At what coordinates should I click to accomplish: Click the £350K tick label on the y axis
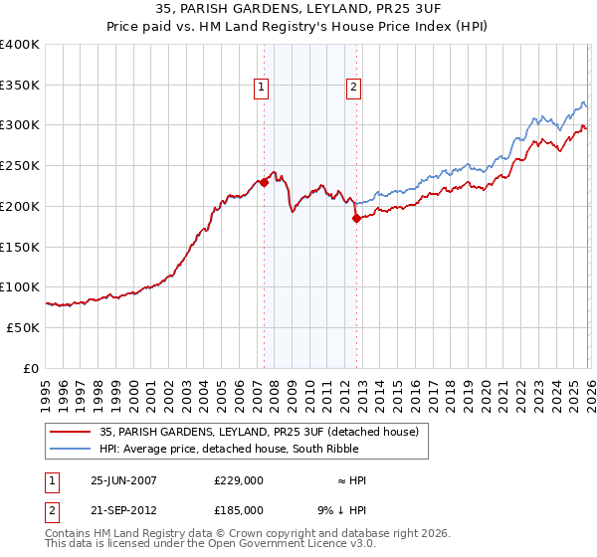(x=20, y=86)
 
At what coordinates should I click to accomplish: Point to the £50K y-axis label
(x=23, y=327)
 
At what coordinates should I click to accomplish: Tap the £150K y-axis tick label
(x=20, y=247)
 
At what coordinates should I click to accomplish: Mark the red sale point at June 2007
(x=264, y=182)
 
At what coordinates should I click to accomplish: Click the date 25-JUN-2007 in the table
(x=123, y=480)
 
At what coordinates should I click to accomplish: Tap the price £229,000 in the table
(x=239, y=480)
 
